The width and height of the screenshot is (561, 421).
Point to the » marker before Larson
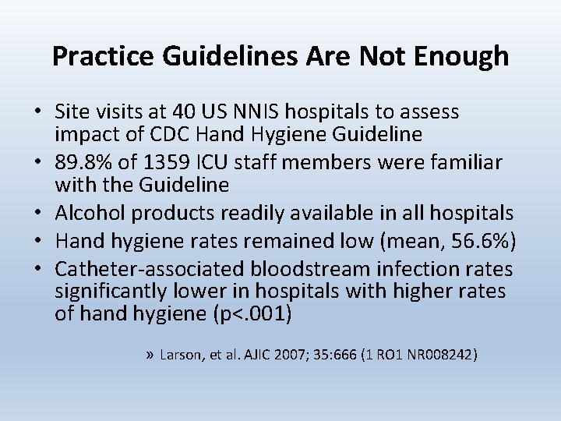(150, 355)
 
